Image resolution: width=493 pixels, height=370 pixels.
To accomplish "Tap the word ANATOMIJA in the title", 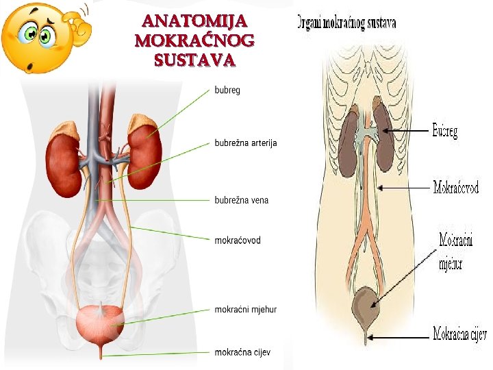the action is pyautogui.click(x=194, y=23).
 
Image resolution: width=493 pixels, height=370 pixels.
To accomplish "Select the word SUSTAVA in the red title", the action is pyautogui.click(x=195, y=60).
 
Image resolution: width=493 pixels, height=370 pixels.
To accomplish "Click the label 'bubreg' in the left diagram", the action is pyautogui.click(x=227, y=90).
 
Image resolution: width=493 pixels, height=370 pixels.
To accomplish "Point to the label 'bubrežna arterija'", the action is pyautogui.click(x=246, y=144).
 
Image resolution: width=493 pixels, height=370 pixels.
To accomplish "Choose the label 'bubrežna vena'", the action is pyautogui.click(x=242, y=200).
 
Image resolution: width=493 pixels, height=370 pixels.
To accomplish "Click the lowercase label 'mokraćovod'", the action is pyautogui.click(x=238, y=241).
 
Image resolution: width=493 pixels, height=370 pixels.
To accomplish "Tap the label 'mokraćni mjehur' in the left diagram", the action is pyautogui.click(x=246, y=309).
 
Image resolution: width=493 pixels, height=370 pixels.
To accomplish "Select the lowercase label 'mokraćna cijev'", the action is pyautogui.click(x=243, y=352).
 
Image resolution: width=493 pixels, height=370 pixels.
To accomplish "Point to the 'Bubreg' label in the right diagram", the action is pyautogui.click(x=445, y=130).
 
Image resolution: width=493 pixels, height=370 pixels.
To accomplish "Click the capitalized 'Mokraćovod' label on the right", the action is pyautogui.click(x=456, y=186).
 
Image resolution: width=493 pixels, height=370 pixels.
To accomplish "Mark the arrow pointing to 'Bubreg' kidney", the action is pyautogui.click(x=411, y=130).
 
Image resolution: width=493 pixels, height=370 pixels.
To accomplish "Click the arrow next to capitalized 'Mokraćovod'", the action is pyautogui.click(x=407, y=186).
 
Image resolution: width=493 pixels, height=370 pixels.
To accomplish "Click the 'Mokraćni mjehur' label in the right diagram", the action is pyautogui.click(x=457, y=251).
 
